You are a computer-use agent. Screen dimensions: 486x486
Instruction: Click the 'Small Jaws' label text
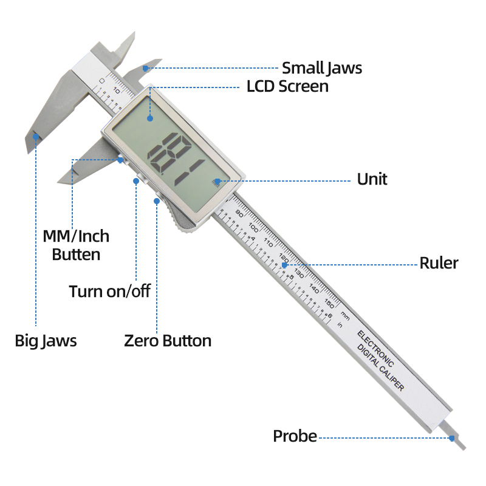click(321, 68)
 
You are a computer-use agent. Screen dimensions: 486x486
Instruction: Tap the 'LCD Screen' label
click(287, 86)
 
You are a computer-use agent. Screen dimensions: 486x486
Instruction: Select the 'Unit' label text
click(372, 179)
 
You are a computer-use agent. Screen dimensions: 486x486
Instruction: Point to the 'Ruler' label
click(439, 263)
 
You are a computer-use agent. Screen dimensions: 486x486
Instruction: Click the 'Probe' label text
click(295, 436)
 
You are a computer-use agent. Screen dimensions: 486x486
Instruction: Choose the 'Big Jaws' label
click(46, 340)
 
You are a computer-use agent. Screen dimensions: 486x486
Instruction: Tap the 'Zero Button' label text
click(168, 340)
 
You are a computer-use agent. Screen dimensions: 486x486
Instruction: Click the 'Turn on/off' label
click(109, 291)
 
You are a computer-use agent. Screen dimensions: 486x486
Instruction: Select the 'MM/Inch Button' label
click(76, 245)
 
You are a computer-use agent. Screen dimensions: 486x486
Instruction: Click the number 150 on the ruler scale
click(329, 301)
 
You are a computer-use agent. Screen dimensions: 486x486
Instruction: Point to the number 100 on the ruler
click(253, 228)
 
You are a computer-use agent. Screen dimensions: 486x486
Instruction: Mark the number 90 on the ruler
click(239, 214)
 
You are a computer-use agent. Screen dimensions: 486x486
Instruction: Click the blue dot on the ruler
click(284, 264)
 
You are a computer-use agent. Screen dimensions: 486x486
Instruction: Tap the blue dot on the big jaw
click(36, 137)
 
